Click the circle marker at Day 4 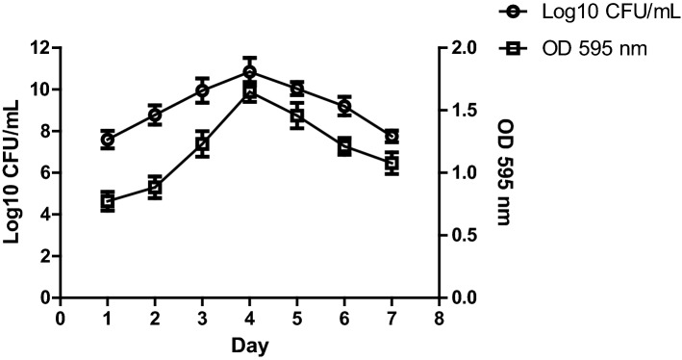pyautogui.click(x=250, y=72)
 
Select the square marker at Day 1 pyautogui.click(x=108, y=201)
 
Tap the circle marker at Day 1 pyautogui.click(x=108, y=140)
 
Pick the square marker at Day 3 pyautogui.click(x=202, y=144)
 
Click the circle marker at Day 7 pyautogui.click(x=392, y=137)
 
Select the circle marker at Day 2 pyautogui.click(x=155, y=115)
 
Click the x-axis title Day pyautogui.click(x=250, y=345)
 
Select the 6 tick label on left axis pyautogui.click(x=44, y=173)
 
